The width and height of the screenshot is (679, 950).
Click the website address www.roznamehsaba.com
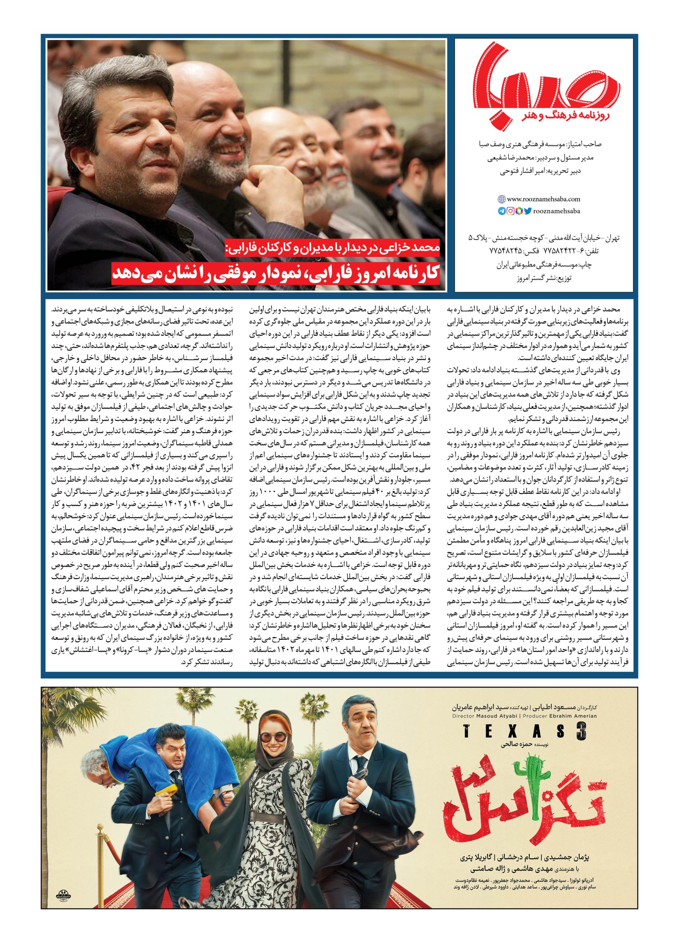coord(543,200)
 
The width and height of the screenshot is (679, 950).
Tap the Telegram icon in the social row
coord(501,212)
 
